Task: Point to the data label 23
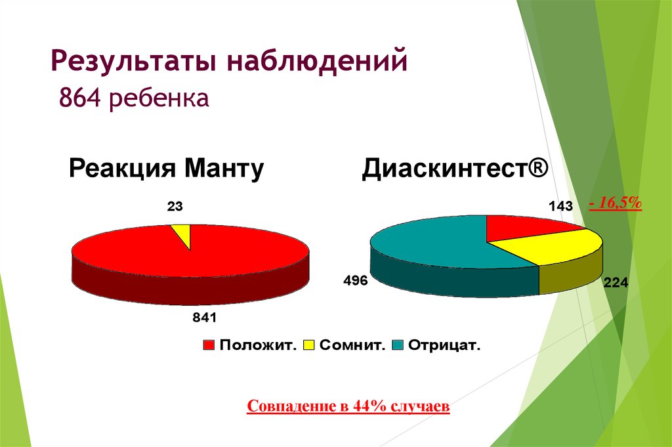175,207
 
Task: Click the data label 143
560,207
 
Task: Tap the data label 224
616,284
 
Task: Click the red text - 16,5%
615,204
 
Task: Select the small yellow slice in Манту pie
182,233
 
